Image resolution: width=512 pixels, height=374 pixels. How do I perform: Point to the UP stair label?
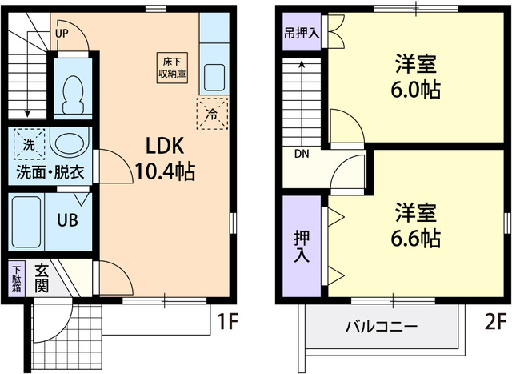[x=62, y=33]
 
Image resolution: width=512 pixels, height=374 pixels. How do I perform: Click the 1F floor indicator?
[x=229, y=323]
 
